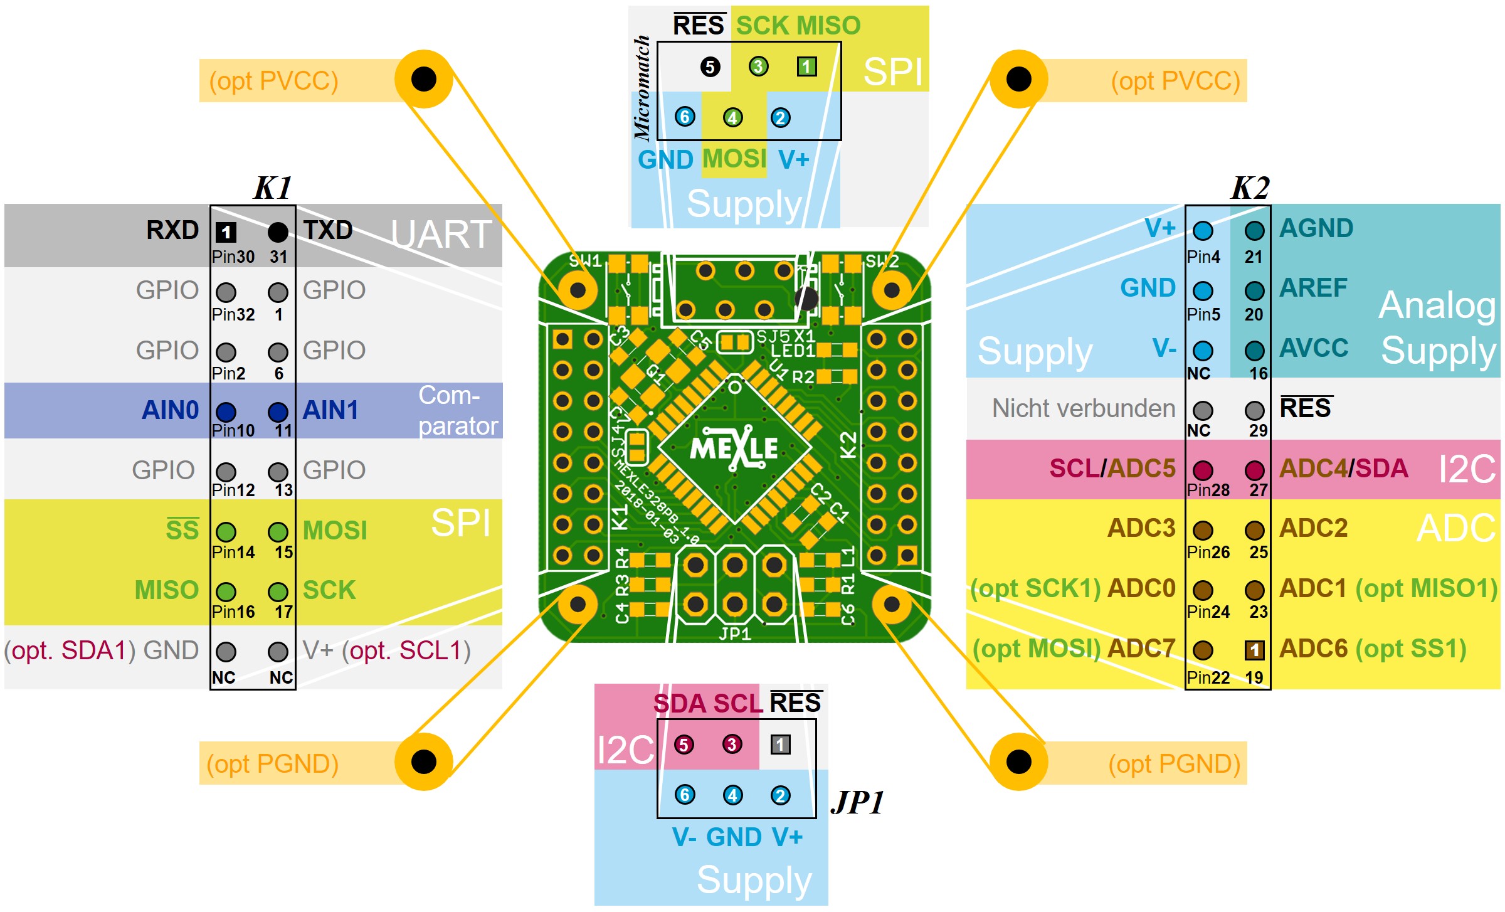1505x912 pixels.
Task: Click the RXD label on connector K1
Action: pos(172,230)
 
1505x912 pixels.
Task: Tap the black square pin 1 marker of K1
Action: pos(226,233)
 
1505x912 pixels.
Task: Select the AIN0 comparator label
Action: pos(170,410)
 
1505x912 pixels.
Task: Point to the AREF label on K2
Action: pos(1313,288)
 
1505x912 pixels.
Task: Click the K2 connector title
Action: pos(1250,188)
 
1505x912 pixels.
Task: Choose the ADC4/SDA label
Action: pos(1343,469)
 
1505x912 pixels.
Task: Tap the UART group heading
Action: pos(441,235)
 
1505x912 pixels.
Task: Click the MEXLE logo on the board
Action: pos(734,448)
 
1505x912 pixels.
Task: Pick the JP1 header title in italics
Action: pos(857,802)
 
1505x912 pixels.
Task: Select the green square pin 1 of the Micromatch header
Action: pos(806,66)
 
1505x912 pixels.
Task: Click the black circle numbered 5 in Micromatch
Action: pos(710,66)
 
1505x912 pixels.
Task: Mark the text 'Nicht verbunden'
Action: pos(1083,409)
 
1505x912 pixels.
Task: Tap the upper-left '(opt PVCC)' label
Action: pos(273,81)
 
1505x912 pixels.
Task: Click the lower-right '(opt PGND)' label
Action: pos(1174,764)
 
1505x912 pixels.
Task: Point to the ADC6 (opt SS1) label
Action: pos(1372,649)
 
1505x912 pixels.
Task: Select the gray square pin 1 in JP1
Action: pos(780,745)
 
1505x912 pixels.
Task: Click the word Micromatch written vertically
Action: pos(642,87)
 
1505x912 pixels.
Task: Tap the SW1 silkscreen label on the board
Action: pos(584,261)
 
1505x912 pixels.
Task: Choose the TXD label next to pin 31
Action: pos(327,230)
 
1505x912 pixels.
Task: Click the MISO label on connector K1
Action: pos(166,590)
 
